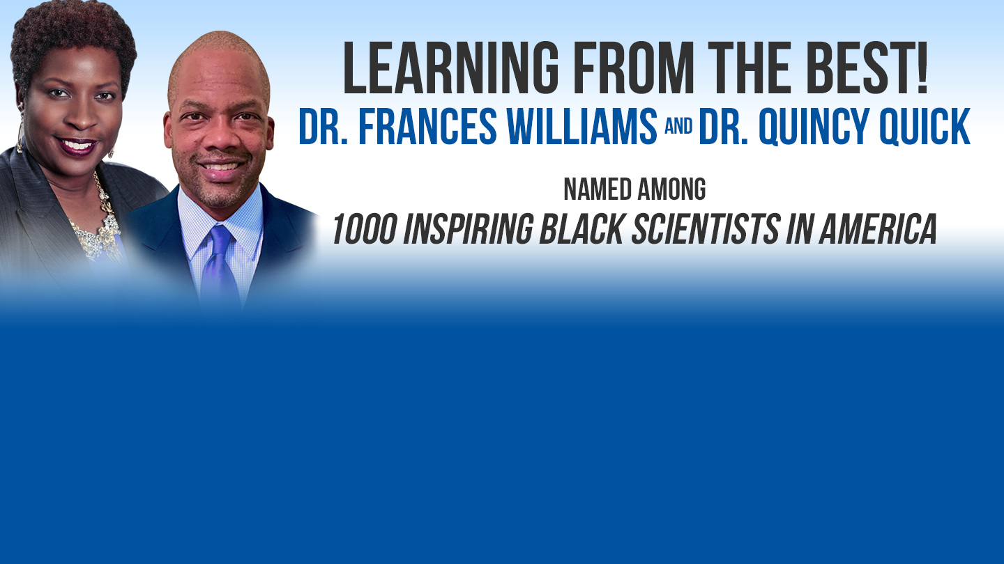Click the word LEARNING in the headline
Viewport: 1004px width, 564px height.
pos(451,68)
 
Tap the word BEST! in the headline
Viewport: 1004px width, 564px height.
pos(869,68)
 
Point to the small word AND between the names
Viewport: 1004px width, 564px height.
pos(678,126)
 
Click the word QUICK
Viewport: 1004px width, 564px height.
pos(925,127)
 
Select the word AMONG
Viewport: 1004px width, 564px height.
pos(671,189)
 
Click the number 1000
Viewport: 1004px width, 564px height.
pos(365,228)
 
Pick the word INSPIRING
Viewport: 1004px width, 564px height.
pos(469,228)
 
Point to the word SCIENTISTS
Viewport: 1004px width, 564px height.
pos(706,228)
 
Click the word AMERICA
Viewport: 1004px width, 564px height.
pos(878,228)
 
